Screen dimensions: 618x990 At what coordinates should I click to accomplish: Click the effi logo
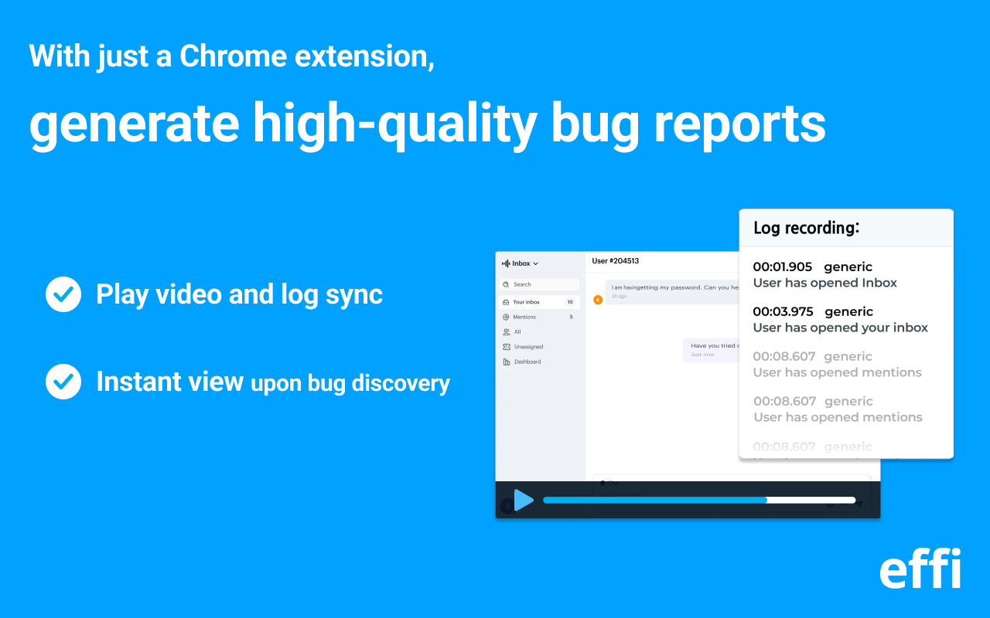click(x=920, y=569)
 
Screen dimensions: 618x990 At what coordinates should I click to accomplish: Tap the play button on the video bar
click(x=524, y=501)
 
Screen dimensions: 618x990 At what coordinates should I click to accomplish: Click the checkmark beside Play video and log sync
click(x=63, y=294)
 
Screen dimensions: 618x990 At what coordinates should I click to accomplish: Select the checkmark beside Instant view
click(x=63, y=382)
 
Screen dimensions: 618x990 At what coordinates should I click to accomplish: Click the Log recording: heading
click(x=807, y=228)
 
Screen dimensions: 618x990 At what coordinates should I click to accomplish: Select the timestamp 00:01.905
click(x=782, y=267)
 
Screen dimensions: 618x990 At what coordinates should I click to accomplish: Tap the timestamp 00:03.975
click(x=783, y=311)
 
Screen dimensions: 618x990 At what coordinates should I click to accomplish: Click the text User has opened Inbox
click(x=824, y=283)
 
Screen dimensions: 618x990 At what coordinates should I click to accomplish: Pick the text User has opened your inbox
click(x=840, y=328)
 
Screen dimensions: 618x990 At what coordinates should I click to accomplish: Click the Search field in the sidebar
click(x=539, y=284)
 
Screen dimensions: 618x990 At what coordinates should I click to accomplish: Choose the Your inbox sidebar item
click(x=527, y=302)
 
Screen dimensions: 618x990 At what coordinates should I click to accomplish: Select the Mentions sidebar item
click(x=524, y=317)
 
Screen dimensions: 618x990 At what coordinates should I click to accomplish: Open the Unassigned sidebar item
click(x=528, y=347)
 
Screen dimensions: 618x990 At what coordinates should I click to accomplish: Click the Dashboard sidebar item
click(x=527, y=362)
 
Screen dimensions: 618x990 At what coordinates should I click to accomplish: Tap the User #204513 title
click(x=615, y=261)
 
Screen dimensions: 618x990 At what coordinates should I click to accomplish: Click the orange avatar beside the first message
click(x=597, y=300)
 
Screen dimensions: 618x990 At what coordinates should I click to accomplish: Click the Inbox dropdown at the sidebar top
click(x=521, y=263)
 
